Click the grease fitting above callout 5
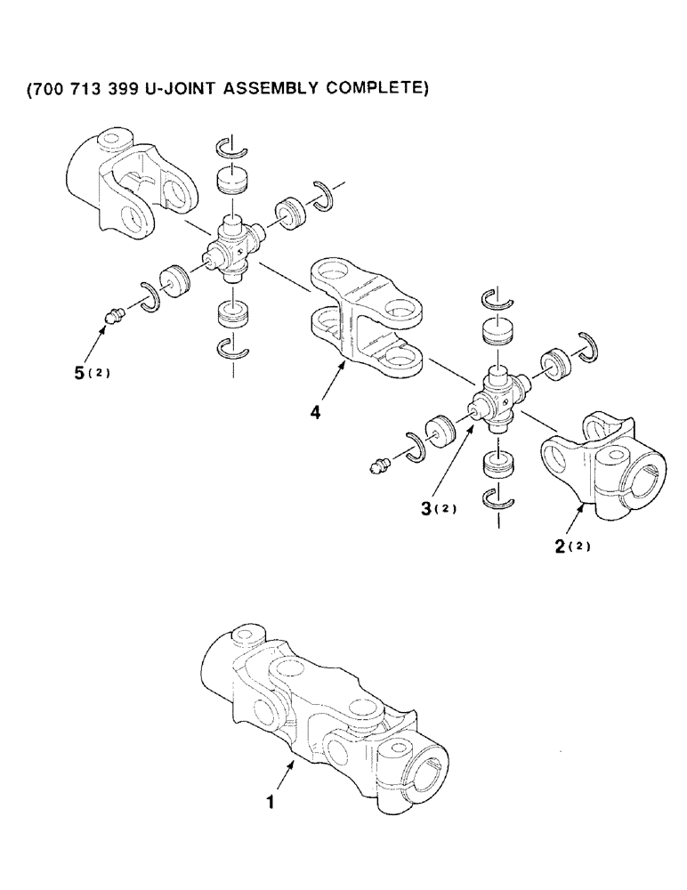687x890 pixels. pyautogui.click(x=113, y=316)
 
